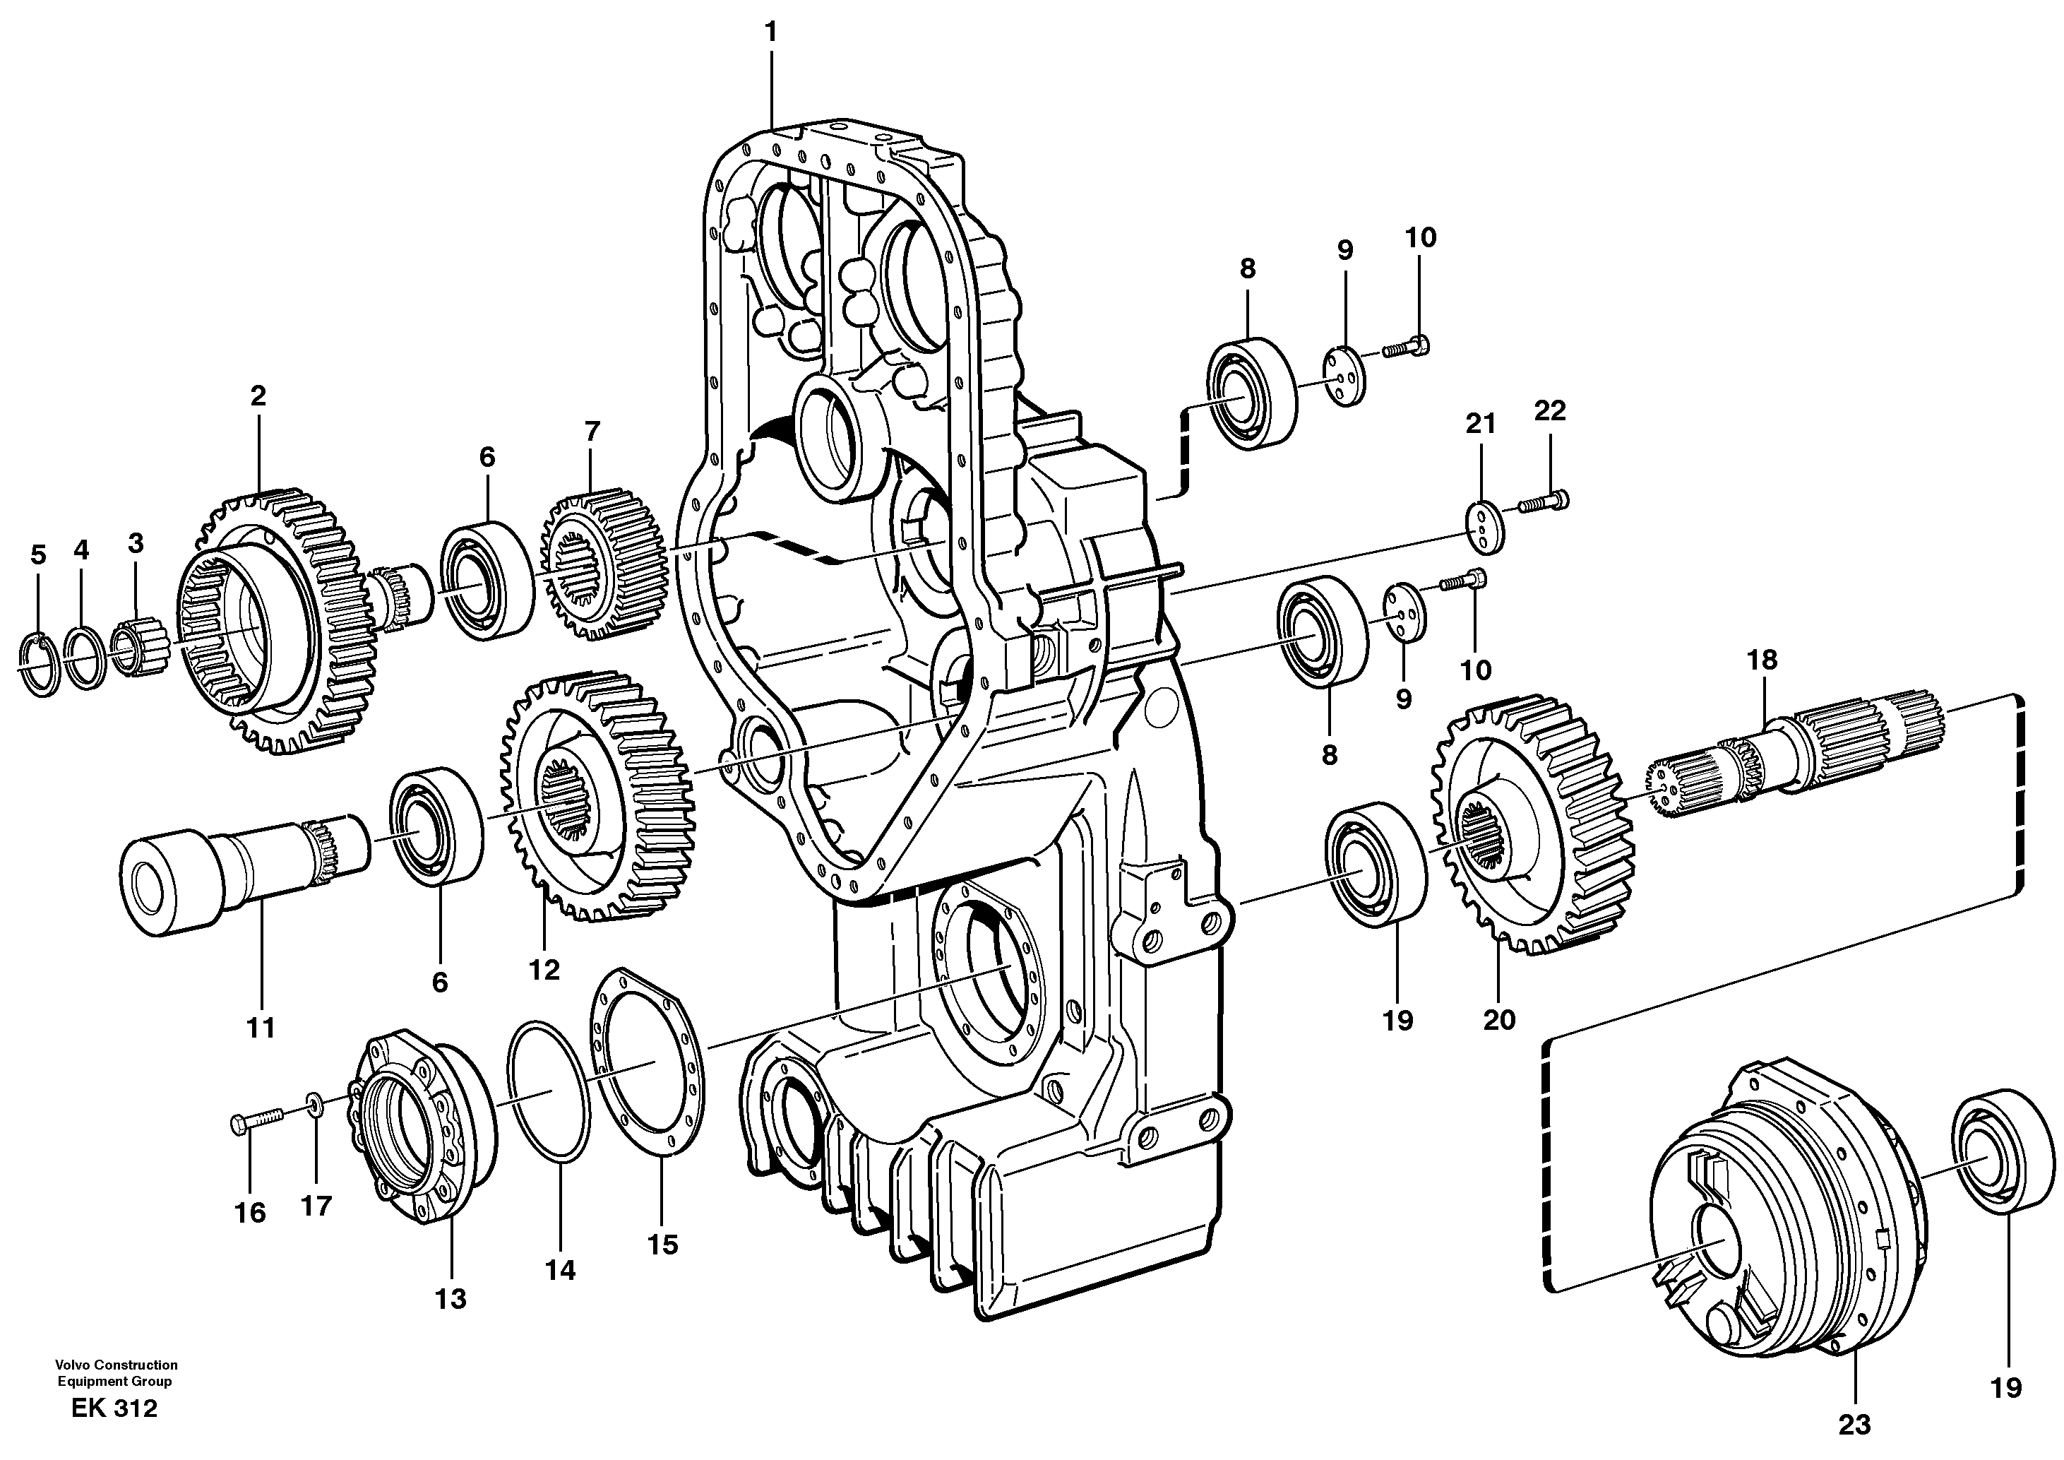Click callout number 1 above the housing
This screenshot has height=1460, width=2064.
click(x=770, y=32)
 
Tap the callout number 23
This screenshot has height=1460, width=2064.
click(x=1854, y=1424)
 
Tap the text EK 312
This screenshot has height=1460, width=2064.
click(x=114, y=1408)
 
